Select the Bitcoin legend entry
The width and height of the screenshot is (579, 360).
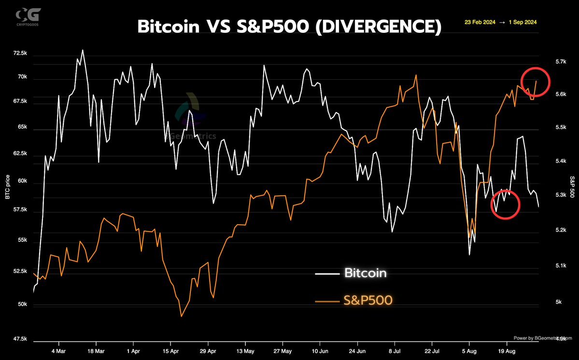click(365, 273)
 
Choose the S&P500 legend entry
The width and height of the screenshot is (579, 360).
click(367, 301)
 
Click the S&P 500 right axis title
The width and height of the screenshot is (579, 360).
click(572, 187)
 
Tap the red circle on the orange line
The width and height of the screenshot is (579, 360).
click(536, 81)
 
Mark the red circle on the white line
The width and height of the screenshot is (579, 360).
click(505, 204)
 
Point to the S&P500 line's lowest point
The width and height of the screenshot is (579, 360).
click(181, 317)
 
